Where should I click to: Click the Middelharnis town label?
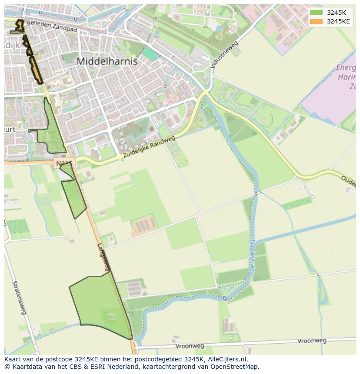107,61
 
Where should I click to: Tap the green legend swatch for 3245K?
317,13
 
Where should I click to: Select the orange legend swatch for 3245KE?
317,21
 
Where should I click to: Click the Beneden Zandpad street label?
51,26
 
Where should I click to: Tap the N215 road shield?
63,163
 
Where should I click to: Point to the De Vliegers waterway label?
252,257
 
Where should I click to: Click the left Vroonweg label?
190,346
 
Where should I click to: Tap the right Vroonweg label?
312,341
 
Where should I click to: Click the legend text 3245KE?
338,21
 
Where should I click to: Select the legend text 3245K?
336,13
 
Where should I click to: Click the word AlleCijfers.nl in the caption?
227,359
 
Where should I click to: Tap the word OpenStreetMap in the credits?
234,367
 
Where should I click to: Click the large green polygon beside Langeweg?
98,304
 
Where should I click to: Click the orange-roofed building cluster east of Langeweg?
143,225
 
